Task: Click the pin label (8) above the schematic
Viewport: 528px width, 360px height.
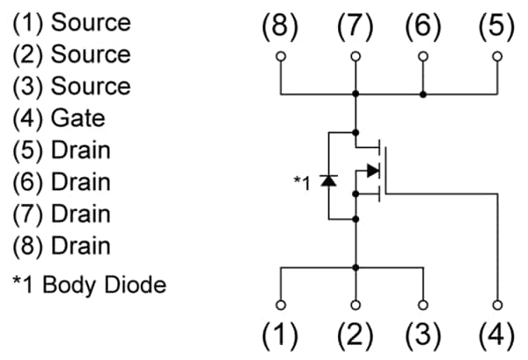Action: (281, 27)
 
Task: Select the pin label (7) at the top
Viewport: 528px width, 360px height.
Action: (356, 27)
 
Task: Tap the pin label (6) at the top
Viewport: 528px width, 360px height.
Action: (423, 27)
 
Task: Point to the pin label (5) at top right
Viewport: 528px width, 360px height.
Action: (497, 27)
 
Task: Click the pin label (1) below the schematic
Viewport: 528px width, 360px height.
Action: (281, 335)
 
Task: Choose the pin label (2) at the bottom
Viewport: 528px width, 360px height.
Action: (356, 335)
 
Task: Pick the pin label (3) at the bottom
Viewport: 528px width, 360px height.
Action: (423, 335)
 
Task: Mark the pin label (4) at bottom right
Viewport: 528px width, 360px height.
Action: (497, 335)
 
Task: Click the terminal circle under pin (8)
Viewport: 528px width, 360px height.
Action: (281, 57)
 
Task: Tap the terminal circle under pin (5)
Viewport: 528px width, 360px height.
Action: (498, 57)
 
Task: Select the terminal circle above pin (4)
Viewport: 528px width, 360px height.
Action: (498, 305)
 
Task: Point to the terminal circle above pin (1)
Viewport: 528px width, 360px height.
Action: (281, 305)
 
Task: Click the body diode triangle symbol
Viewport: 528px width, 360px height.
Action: (328, 180)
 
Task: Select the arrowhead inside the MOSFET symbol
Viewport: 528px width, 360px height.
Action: (372, 171)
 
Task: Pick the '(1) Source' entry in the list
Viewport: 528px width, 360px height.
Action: (70, 23)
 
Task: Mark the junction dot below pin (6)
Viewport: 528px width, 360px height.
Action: (423, 92)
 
